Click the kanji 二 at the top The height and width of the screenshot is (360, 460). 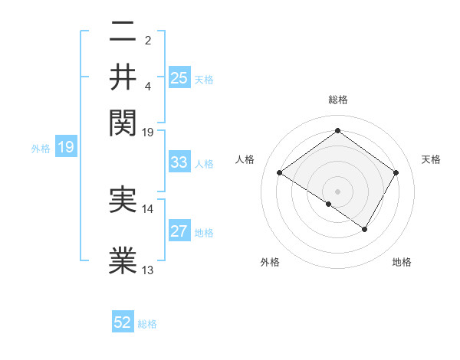point(123,32)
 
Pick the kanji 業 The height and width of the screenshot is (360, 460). point(123,260)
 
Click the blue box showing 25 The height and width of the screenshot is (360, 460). point(179,77)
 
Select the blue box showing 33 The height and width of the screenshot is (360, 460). point(179,162)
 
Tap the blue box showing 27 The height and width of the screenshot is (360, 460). point(179,232)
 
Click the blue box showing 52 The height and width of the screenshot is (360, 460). point(123,322)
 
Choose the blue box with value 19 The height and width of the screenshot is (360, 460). point(65,148)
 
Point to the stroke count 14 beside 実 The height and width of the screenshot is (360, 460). point(148,208)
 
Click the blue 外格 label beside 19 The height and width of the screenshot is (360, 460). point(41,149)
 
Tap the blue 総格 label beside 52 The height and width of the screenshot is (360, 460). point(147,324)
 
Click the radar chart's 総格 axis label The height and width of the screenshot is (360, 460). point(337,100)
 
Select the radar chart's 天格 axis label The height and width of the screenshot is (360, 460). point(431,159)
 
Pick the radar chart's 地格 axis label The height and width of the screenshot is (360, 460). point(402,263)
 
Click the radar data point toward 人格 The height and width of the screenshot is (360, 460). point(279,173)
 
